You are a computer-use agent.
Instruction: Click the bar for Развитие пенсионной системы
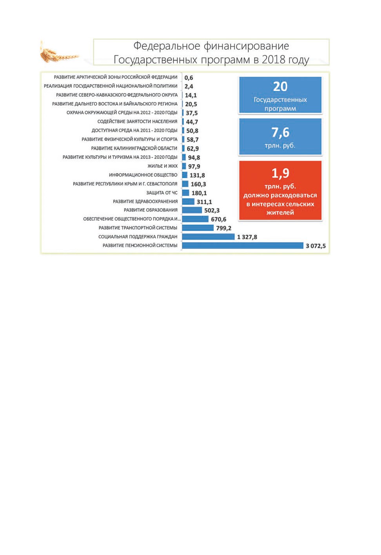[243, 245]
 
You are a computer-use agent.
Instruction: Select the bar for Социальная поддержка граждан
[208, 237]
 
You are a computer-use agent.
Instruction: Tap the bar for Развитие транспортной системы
[198, 228]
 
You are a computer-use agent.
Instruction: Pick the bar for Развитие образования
[192, 210]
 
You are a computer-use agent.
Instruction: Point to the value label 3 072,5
[316, 246]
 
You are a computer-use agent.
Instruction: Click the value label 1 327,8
[247, 237]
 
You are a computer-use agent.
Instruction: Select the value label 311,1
[204, 202]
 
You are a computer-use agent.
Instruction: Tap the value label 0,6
[189, 78]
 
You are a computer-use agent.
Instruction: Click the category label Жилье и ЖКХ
[163, 166]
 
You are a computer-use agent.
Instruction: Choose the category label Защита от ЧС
[162, 193]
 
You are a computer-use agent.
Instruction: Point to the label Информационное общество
[143, 175]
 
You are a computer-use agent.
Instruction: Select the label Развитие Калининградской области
[134, 148]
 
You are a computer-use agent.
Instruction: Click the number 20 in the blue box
[280, 87]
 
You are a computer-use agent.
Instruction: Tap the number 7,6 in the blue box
[280, 132]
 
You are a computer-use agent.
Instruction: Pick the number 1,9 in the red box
[280, 173]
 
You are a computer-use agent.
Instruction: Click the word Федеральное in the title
[167, 46]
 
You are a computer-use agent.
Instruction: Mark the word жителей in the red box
[280, 212]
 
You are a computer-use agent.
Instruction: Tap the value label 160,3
[198, 184]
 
